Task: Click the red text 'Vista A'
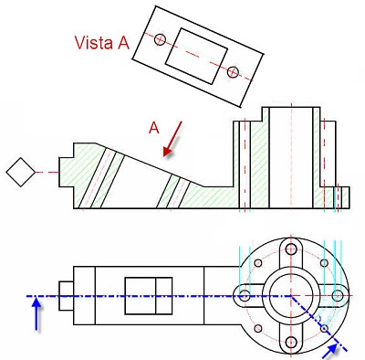[102, 43]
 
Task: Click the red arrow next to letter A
[172, 139]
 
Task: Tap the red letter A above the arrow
[154, 128]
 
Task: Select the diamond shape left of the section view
[21, 172]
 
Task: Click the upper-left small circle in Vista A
[160, 39]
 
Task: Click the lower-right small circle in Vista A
[233, 72]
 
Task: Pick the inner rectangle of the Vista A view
[196, 56]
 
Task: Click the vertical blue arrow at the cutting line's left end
[36, 313]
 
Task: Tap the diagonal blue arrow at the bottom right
[331, 350]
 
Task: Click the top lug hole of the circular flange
[291, 249]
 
